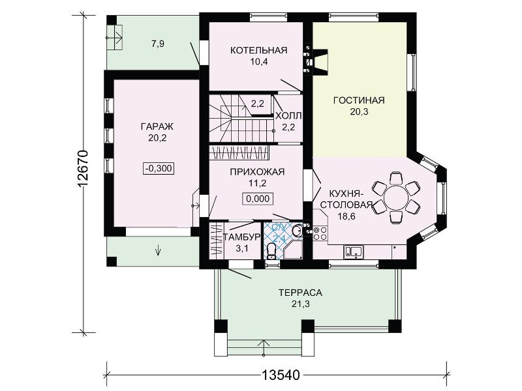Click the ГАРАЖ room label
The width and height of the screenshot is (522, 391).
click(x=157, y=126)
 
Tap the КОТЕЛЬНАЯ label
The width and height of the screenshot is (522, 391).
click(x=258, y=50)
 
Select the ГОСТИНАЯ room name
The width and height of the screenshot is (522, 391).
click(x=359, y=100)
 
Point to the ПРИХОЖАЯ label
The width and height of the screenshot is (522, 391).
click(x=257, y=172)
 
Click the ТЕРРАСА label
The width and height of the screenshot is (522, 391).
click(x=301, y=293)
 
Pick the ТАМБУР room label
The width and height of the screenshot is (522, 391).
click(x=241, y=237)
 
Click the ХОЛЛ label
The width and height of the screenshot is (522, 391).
click(x=288, y=116)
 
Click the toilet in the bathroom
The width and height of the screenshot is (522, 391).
click(x=272, y=251)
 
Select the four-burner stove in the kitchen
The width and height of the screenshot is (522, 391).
click(x=320, y=233)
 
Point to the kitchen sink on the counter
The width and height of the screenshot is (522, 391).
click(x=354, y=252)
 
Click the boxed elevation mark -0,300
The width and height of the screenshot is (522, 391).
click(x=159, y=169)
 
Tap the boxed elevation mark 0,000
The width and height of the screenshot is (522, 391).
click(x=258, y=199)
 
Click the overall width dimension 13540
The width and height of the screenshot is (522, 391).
click(x=281, y=375)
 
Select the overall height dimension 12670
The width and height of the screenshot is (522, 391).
click(x=82, y=169)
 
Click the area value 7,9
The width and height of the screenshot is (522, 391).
click(x=158, y=44)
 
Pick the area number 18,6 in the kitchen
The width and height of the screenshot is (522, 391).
click(x=346, y=216)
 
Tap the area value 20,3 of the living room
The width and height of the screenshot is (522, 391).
click(x=359, y=111)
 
